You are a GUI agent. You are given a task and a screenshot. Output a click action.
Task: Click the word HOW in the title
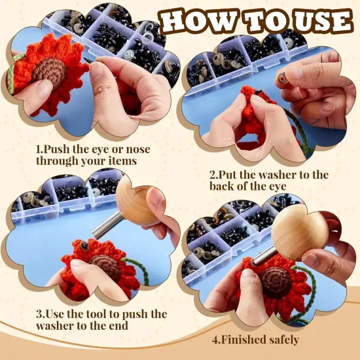(x=197, y=20)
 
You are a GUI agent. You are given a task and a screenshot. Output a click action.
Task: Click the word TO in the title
(x=257, y=20)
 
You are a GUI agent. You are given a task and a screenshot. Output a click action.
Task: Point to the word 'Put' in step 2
(x=231, y=175)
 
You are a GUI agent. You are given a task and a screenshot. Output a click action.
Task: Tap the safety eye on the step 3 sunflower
(x=84, y=247)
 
